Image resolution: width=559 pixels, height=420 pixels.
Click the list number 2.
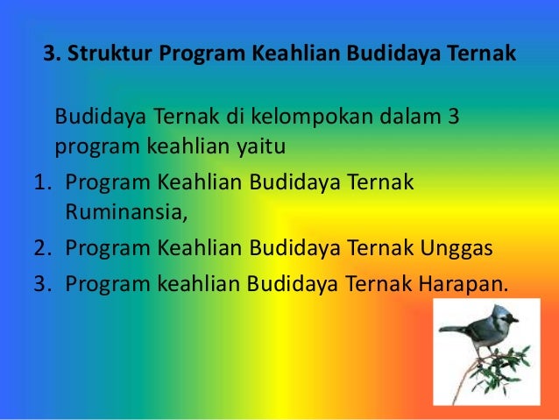pyautogui.click(x=40, y=249)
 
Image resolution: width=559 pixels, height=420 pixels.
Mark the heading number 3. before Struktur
pyautogui.click(x=52, y=56)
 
